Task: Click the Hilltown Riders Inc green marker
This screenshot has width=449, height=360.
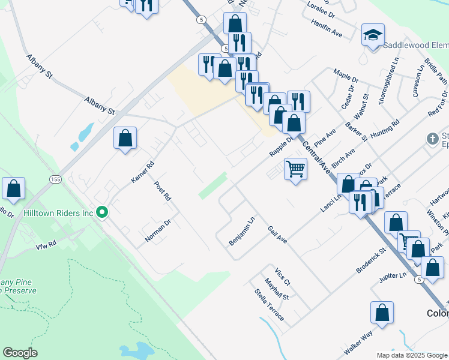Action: pyautogui.click(x=102, y=212)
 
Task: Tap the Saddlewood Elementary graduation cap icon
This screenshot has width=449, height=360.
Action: pyautogui.click(x=373, y=35)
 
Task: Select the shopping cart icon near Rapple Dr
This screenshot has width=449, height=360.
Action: pyautogui.click(x=295, y=169)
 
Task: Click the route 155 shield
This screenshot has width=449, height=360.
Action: pyautogui.click(x=55, y=179)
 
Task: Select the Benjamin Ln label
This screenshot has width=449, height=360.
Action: pyautogui.click(x=242, y=231)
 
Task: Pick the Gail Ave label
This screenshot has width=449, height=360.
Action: pyautogui.click(x=277, y=235)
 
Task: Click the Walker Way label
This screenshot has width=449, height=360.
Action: pyautogui.click(x=358, y=342)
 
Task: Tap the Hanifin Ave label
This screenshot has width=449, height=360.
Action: pyautogui.click(x=327, y=28)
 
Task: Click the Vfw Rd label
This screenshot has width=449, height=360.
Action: pyautogui.click(x=46, y=245)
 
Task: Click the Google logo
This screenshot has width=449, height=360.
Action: pyautogui.click(x=20, y=353)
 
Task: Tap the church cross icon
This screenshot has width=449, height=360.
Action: pyautogui.click(x=432, y=139)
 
